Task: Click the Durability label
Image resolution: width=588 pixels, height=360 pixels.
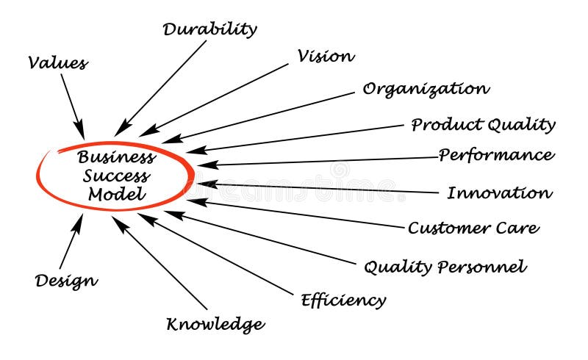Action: click(x=209, y=30)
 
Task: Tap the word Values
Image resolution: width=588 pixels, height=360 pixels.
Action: click(x=58, y=62)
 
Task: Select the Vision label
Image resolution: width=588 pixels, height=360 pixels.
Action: click(x=326, y=57)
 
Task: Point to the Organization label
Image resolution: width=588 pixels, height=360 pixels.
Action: click(x=426, y=90)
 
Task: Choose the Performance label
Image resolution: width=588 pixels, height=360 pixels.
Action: click(x=496, y=155)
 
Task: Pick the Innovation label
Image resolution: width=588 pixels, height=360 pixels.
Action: click(x=499, y=193)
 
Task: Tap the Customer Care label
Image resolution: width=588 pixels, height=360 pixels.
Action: click(x=473, y=228)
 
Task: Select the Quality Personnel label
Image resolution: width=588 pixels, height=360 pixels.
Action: click(x=445, y=267)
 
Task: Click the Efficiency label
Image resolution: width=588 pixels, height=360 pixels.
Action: click(x=343, y=300)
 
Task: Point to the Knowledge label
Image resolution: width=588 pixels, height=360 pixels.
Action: click(x=215, y=323)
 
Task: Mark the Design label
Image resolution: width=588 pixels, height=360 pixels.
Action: click(x=66, y=280)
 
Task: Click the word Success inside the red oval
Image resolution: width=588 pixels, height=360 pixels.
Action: click(x=117, y=176)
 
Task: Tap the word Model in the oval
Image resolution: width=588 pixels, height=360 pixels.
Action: click(x=117, y=195)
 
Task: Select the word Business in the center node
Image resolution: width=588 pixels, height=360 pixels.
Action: click(x=117, y=156)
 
